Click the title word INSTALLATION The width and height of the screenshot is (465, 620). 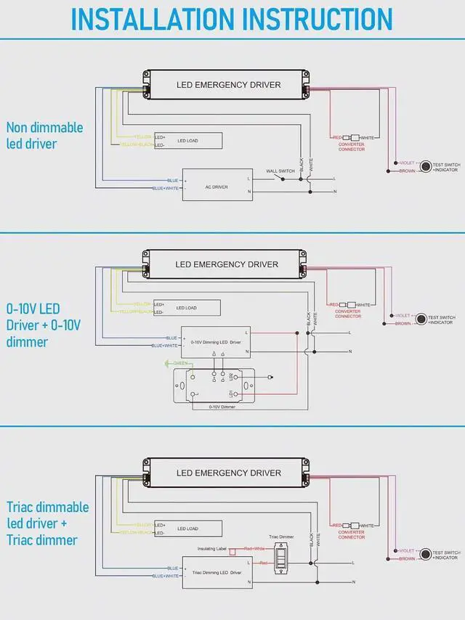pos(153,19)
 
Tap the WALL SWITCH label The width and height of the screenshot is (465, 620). pos(280,171)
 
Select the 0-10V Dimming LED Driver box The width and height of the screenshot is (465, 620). pos(217,340)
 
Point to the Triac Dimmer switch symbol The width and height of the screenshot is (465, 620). pos(283,558)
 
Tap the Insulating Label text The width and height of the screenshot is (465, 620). pos(213,549)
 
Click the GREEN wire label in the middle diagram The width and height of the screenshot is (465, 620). pos(180,363)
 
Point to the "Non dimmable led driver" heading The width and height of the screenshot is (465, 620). pos(45,135)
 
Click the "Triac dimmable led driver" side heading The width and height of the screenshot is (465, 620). pos(48,523)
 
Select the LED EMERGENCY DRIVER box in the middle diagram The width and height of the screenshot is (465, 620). pos(227,264)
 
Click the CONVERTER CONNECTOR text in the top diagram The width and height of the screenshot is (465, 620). pos(352,147)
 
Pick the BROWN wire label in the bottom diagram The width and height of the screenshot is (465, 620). pos(406,559)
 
